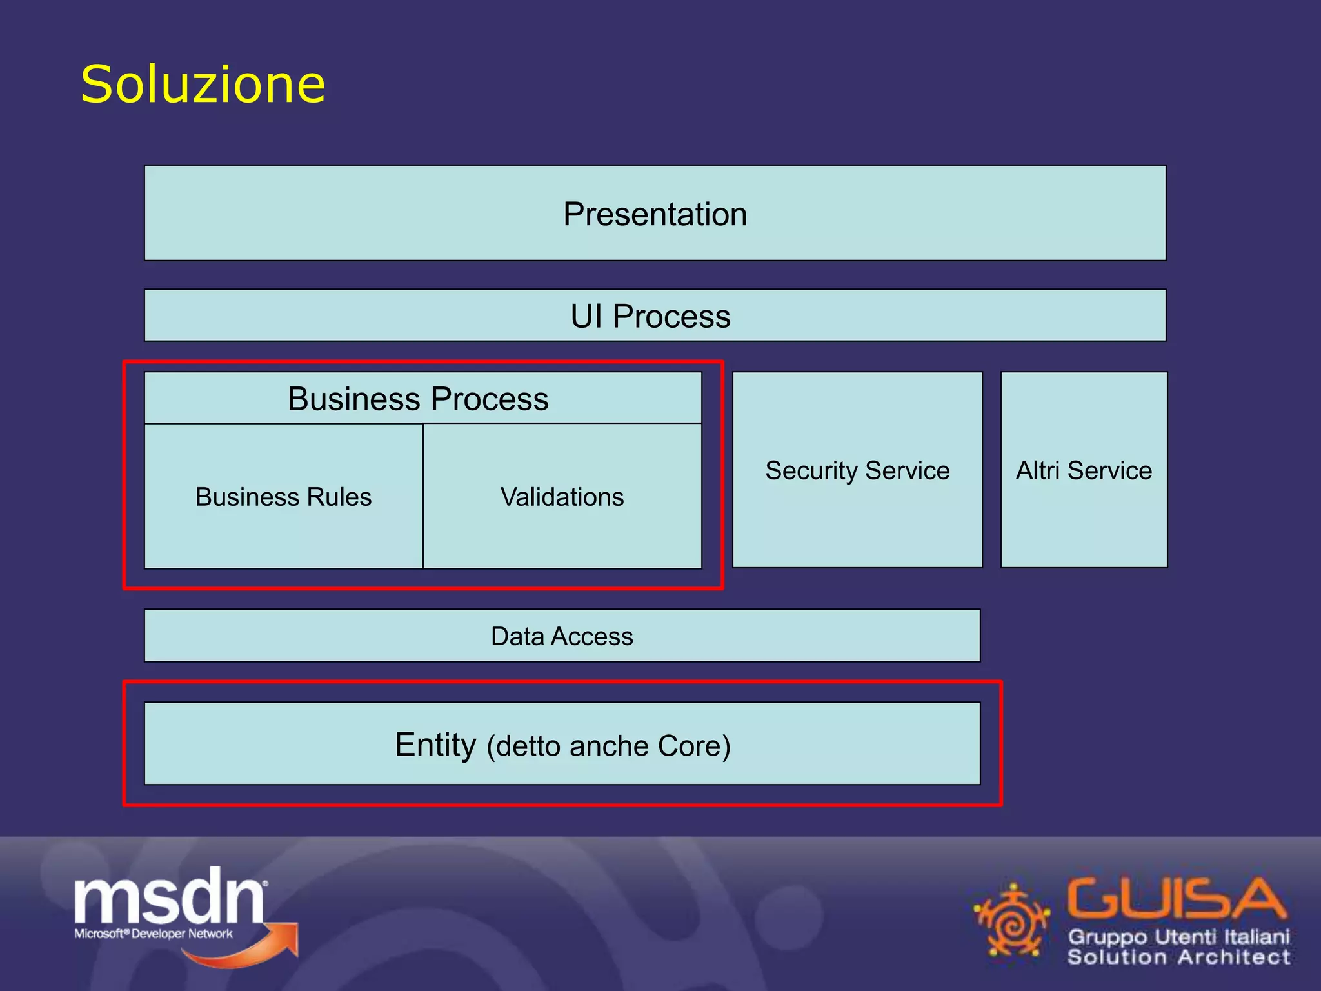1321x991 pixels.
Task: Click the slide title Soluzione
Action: click(x=203, y=85)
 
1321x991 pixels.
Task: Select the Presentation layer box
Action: click(x=655, y=214)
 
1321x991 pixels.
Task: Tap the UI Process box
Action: click(x=655, y=315)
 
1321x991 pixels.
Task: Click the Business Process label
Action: click(x=418, y=399)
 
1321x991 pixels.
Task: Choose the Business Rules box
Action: click(x=284, y=497)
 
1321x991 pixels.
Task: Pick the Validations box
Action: click(x=562, y=497)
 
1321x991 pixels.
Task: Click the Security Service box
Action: click(x=857, y=470)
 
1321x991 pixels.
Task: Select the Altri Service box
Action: click(x=1084, y=470)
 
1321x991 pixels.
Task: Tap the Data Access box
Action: click(x=562, y=636)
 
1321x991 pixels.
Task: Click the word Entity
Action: click(x=435, y=745)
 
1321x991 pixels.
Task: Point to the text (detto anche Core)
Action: click(x=608, y=746)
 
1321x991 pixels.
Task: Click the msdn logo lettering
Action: click(x=169, y=897)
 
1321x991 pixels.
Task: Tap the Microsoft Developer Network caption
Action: click(x=154, y=934)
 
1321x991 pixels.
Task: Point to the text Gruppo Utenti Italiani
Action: click(x=1179, y=937)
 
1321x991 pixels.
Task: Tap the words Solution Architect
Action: click(x=1179, y=957)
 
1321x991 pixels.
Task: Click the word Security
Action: click(x=811, y=471)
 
